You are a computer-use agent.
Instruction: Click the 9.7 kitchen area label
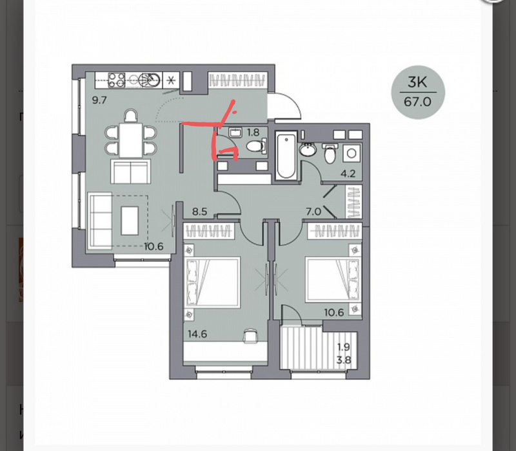[99, 100]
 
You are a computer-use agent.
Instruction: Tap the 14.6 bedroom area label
[197, 334]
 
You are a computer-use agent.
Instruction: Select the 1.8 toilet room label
[253, 132]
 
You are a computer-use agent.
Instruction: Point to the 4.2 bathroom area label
[348, 174]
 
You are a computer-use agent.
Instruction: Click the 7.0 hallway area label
[313, 212]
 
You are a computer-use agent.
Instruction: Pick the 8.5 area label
[200, 212]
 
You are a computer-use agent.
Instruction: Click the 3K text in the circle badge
[417, 82]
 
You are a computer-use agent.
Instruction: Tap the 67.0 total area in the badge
[417, 102]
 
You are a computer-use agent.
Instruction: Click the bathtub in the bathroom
[286, 155]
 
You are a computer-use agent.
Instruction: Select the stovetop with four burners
[117, 80]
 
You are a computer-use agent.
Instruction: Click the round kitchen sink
[150, 80]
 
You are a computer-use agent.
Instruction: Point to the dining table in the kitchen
[131, 141]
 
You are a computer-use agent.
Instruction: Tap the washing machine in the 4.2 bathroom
[352, 153]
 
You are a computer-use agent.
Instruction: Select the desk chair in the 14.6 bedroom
[250, 336]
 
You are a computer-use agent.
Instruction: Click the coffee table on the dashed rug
[130, 221]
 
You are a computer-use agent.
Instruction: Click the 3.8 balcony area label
[344, 360]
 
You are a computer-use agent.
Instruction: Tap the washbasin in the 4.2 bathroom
[308, 150]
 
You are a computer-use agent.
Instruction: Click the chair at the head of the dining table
[131, 117]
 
